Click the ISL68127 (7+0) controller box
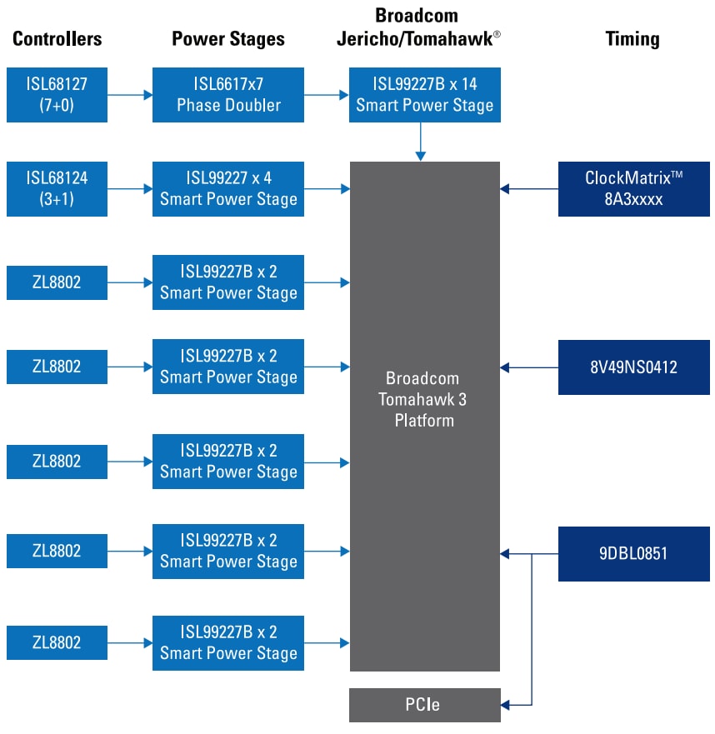(x=57, y=95)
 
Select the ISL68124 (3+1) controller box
(x=57, y=189)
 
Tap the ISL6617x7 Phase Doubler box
(x=227, y=95)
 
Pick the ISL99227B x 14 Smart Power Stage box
(x=424, y=95)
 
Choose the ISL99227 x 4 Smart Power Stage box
(x=227, y=189)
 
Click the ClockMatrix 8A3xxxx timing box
(x=633, y=189)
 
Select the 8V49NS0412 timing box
(x=633, y=367)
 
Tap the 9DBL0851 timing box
(x=633, y=553)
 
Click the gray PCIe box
(x=424, y=705)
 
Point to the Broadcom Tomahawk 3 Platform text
(x=424, y=399)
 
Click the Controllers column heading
(x=57, y=38)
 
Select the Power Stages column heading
(x=227, y=38)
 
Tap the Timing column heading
(x=633, y=38)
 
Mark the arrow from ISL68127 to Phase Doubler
(x=130, y=95)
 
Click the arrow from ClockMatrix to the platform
(x=529, y=189)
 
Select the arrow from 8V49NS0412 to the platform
(x=529, y=367)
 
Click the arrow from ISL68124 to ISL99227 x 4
(x=130, y=189)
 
